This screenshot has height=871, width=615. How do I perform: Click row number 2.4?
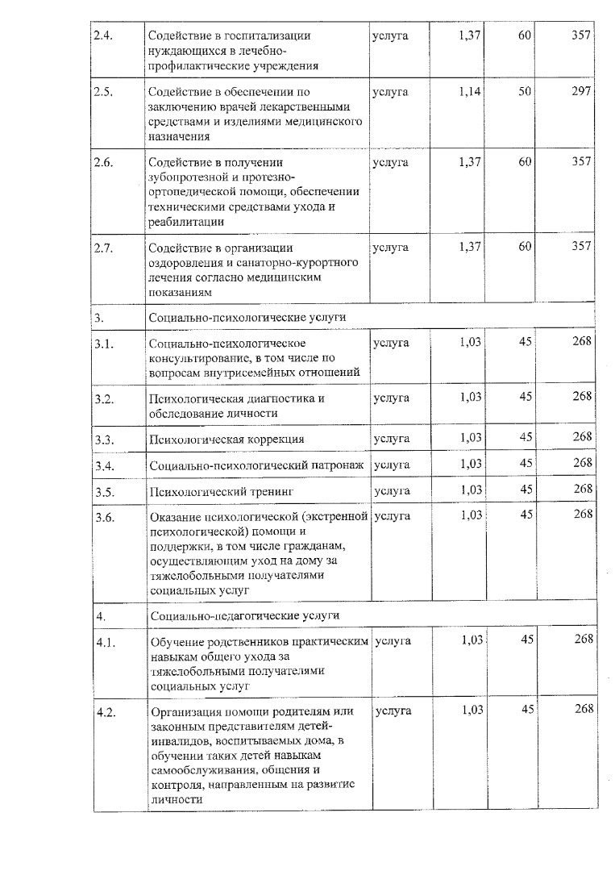(x=102, y=36)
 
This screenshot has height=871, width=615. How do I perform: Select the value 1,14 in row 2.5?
(x=469, y=91)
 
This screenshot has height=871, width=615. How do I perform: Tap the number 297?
(x=581, y=91)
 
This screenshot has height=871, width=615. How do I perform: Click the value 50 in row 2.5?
(x=525, y=91)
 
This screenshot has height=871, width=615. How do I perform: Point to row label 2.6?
(x=103, y=163)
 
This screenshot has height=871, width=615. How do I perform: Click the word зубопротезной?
(x=186, y=177)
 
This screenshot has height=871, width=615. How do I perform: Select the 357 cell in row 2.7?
(x=581, y=247)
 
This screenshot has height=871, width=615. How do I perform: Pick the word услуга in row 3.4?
(x=393, y=465)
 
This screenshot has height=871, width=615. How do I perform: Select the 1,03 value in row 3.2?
(x=470, y=397)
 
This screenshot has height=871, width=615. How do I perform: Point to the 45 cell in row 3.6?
(x=526, y=515)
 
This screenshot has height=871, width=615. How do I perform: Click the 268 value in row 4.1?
(x=583, y=640)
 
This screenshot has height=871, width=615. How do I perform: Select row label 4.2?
(x=104, y=711)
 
